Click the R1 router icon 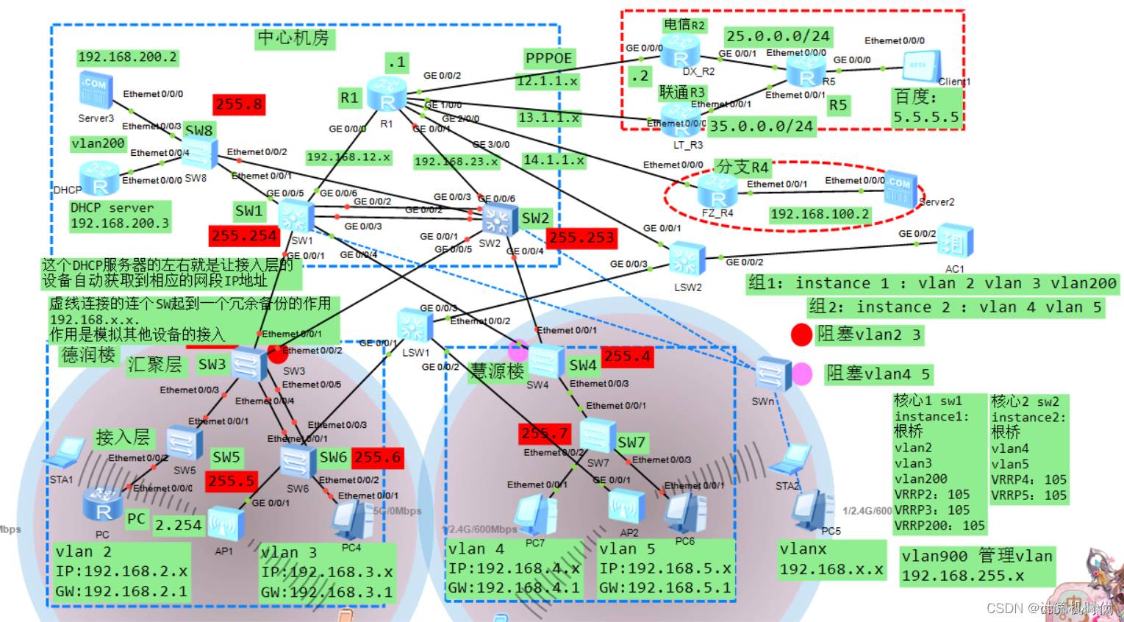(x=387, y=96)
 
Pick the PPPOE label (x=548, y=58)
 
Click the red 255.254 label (x=244, y=236)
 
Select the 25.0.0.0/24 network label (x=778, y=36)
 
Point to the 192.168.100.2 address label (x=820, y=214)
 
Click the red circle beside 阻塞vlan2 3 (x=801, y=335)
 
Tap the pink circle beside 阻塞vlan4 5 (x=801, y=374)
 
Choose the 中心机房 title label (x=293, y=38)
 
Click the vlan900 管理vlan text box (x=977, y=565)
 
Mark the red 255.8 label (x=238, y=104)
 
